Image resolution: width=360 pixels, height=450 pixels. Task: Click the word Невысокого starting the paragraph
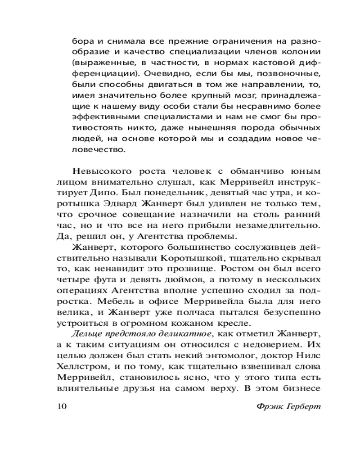pos(100,172)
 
